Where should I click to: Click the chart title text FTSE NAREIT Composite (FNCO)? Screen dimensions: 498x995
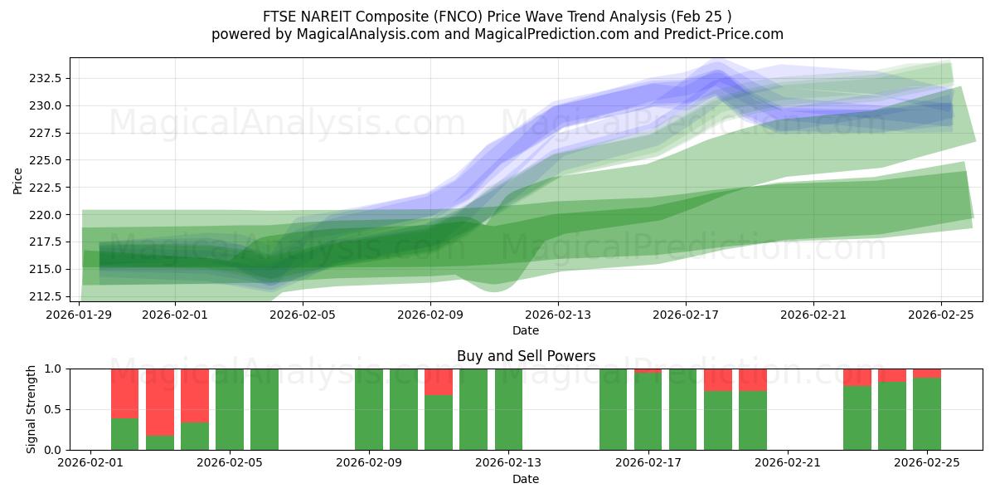pyautogui.click(x=497, y=17)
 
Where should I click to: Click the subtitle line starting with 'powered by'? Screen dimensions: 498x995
pyautogui.click(x=497, y=34)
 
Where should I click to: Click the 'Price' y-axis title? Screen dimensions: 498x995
pyautogui.click(x=18, y=179)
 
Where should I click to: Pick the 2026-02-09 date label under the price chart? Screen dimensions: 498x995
pyautogui.click(x=430, y=315)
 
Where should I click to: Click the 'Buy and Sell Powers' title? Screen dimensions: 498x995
pyautogui.click(x=526, y=357)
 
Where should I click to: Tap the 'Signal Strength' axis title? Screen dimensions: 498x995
pyautogui.click(x=31, y=409)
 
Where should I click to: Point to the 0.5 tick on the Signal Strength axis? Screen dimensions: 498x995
pyautogui.click(x=54, y=409)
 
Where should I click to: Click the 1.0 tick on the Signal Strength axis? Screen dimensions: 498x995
pyautogui.click(x=54, y=369)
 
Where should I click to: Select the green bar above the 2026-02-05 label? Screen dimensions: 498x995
pyautogui.click(x=230, y=409)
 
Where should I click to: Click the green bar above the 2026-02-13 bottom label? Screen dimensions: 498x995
pyautogui.click(x=508, y=409)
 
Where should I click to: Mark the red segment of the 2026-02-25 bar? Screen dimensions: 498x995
pyautogui.click(x=927, y=373)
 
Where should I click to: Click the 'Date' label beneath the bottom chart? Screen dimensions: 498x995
pyautogui.click(x=526, y=480)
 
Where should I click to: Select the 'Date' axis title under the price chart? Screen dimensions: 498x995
pyautogui.click(x=526, y=330)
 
